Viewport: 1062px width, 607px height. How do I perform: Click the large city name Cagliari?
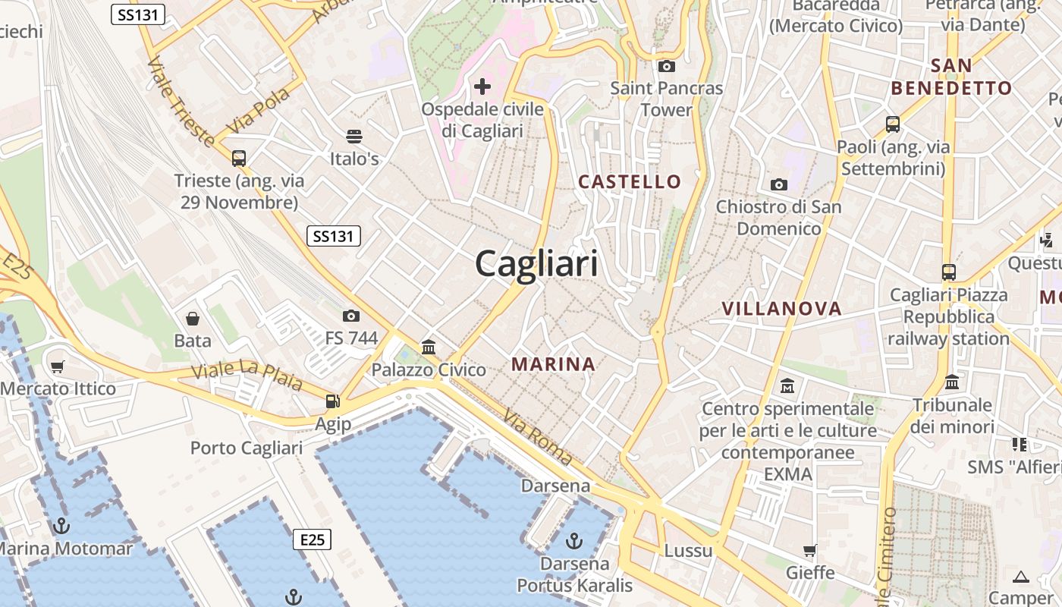[x=536, y=264]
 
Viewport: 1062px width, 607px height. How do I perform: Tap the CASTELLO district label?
[x=630, y=181]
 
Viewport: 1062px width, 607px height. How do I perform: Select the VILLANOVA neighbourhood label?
[x=781, y=309]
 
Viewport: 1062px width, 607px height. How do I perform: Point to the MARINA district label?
[x=553, y=364]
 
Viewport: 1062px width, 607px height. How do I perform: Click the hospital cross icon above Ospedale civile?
[x=482, y=86]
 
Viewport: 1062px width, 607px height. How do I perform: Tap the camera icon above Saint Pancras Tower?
[x=667, y=67]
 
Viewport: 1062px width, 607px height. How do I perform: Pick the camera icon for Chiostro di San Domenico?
[x=778, y=184]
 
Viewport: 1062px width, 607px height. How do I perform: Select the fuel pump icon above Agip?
[x=332, y=401]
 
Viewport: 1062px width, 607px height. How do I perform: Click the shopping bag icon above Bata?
[x=193, y=318]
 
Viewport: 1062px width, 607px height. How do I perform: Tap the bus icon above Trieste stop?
[x=239, y=159]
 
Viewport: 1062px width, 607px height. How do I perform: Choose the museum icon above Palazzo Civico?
[x=429, y=348]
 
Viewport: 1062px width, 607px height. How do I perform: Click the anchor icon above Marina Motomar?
[x=61, y=526]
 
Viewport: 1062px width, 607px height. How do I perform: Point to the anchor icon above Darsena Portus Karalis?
[x=574, y=541]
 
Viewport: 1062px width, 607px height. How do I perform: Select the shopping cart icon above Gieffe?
[x=810, y=550]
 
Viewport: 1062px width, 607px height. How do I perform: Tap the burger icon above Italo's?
[x=354, y=137]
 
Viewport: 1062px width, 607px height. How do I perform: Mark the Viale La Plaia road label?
[x=247, y=375]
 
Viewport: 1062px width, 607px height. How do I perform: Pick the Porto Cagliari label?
[x=247, y=448]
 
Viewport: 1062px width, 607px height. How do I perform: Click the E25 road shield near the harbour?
[x=312, y=539]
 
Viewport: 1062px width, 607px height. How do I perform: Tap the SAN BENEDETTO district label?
[x=951, y=77]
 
